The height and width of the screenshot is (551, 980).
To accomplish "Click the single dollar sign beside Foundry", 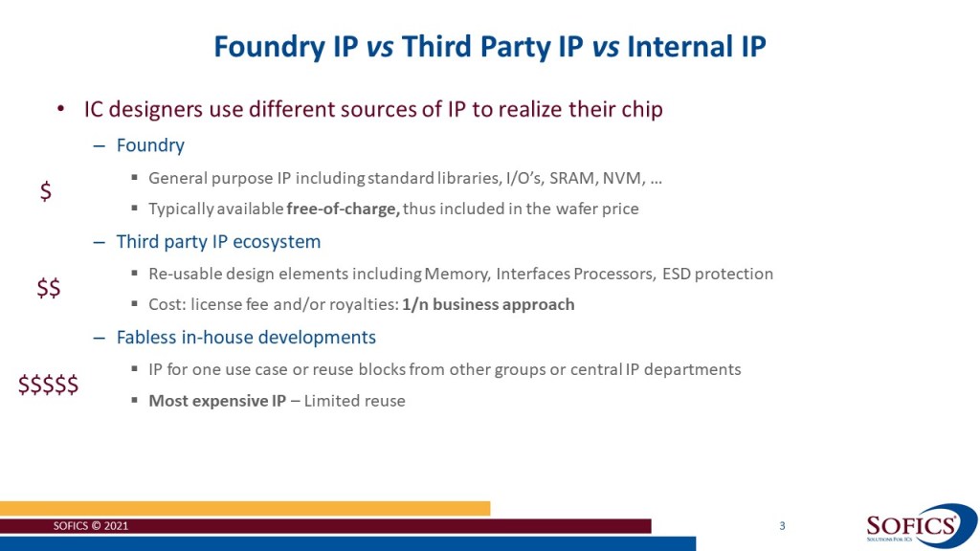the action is pos(46,191).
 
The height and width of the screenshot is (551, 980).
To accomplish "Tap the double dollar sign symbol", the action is pos(49,288).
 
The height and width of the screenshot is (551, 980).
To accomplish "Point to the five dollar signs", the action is pos(48,385).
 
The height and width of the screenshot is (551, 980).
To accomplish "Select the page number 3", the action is pos(782,526).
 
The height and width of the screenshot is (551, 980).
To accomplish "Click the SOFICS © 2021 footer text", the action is pos(91,526).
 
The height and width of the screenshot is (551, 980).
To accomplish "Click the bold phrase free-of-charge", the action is pos(344,209).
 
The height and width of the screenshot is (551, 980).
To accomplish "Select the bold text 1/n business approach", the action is pos(488,304).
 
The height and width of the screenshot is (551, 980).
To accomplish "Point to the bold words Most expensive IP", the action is pos(217,401).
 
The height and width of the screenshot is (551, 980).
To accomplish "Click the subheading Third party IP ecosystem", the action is pos(219,242).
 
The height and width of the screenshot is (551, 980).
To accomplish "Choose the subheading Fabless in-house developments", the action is pos(246,338).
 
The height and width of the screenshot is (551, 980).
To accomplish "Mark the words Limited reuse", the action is pos(354,401).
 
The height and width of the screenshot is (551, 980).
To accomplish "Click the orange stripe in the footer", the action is pos(245,509).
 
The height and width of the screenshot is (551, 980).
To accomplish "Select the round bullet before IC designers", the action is pos(60,109).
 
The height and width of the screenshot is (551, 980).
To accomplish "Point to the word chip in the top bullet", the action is pos(642,109).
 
